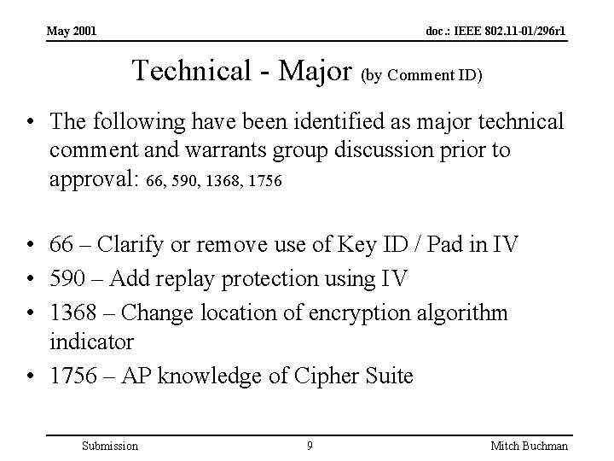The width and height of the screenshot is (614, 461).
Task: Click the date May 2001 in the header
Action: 71,32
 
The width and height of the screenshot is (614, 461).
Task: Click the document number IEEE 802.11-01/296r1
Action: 497,32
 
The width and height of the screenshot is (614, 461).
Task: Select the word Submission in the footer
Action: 108,446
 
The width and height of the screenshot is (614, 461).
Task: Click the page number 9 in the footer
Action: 309,446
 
